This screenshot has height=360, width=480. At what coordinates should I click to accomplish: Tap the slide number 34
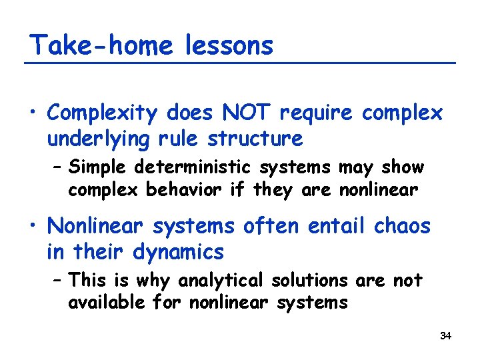446,336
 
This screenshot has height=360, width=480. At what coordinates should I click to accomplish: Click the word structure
255,139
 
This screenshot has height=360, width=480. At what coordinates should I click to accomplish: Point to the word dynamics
177,252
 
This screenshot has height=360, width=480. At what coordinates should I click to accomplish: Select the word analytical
187,280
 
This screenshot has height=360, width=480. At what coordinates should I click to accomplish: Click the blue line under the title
240,63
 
